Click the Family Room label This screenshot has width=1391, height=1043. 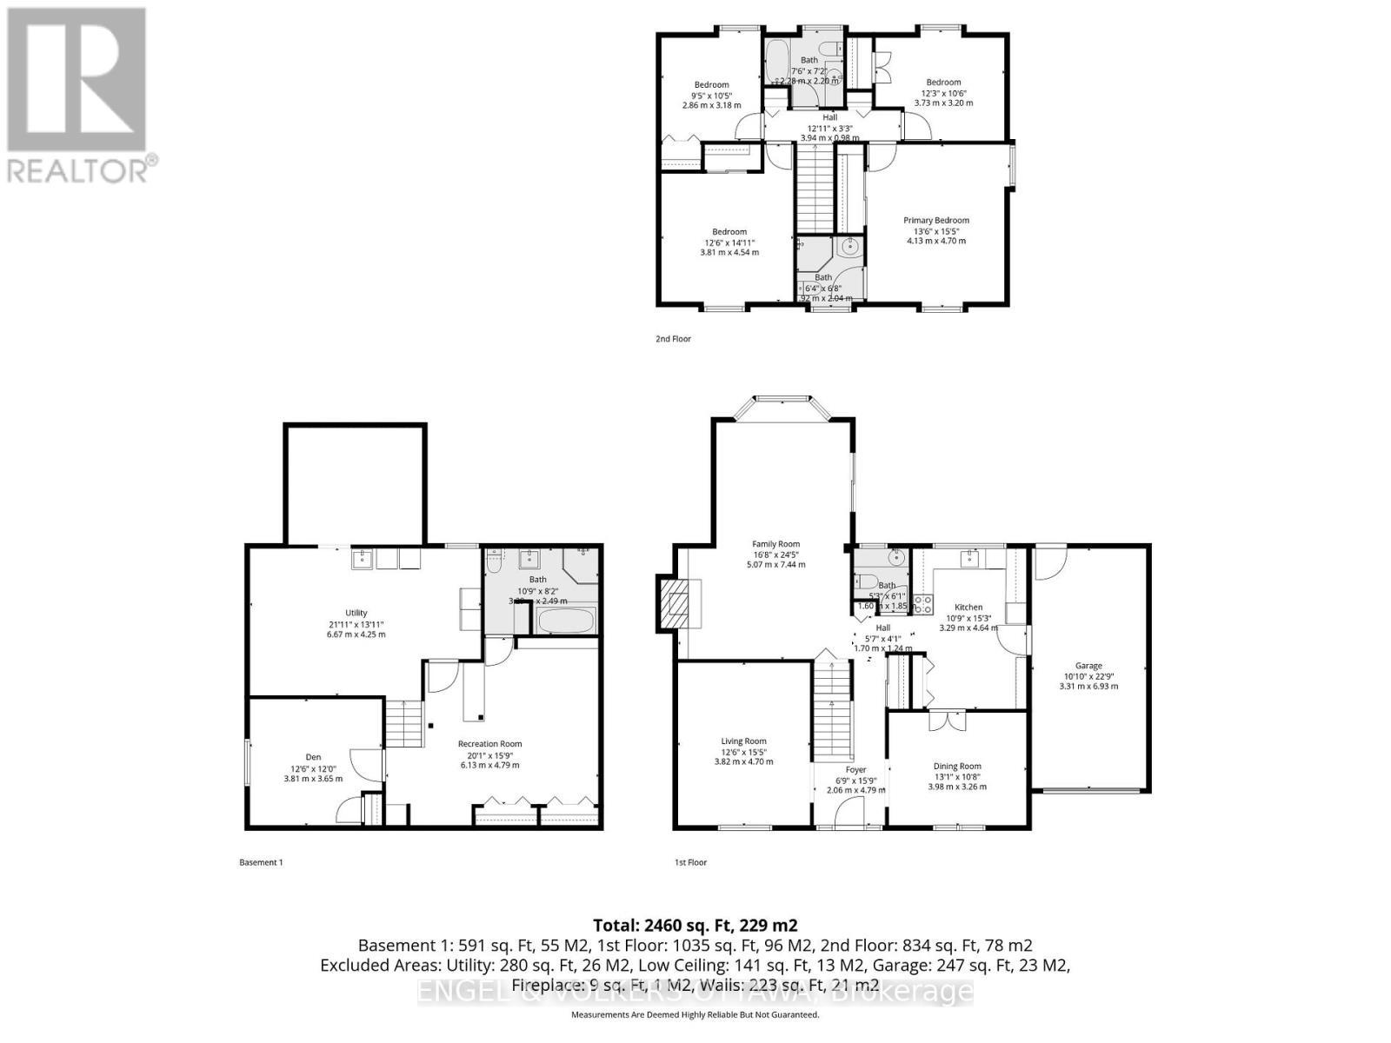(x=775, y=545)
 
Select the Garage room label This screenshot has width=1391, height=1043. (x=1088, y=666)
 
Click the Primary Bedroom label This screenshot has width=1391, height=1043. (x=935, y=221)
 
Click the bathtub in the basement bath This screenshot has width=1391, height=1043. (x=566, y=622)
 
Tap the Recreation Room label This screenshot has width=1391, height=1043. (x=490, y=744)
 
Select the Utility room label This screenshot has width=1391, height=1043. (x=356, y=613)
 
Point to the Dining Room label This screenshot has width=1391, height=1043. (x=957, y=767)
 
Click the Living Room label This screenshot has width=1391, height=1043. (x=743, y=741)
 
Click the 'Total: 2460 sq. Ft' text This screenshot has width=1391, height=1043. (x=695, y=925)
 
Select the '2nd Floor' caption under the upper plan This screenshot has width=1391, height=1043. (x=673, y=339)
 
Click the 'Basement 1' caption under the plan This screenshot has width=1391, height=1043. (x=261, y=862)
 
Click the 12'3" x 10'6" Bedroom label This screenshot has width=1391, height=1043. (x=943, y=83)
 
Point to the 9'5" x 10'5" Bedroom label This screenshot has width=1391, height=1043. (x=711, y=85)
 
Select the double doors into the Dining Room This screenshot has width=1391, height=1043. (x=946, y=721)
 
